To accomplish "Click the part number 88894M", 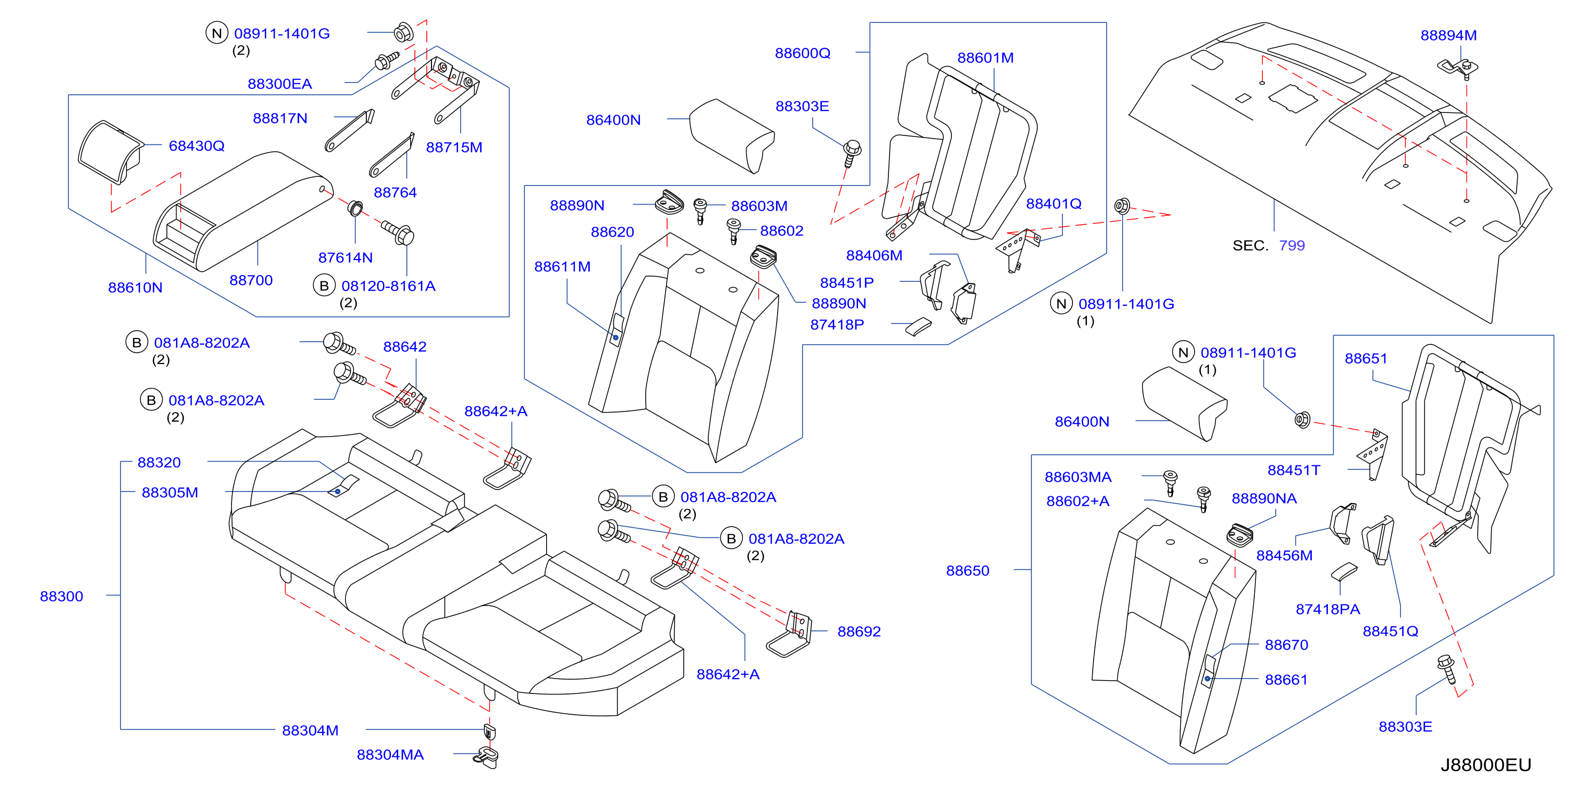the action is pyautogui.click(x=1448, y=35).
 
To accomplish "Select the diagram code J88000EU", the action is pyautogui.click(x=1486, y=765).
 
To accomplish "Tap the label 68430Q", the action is pyautogui.click(x=197, y=146).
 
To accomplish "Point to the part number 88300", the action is pyautogui.click(x=61, y=596).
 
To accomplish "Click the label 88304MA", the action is pyautogui.click(x=390, y=755).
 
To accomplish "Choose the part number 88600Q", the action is pyautogui.click(x=803, y=53).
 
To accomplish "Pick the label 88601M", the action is pyautogui.click(x=985, y=58).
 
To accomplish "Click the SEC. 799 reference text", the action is pyautogui.click(x=1269, y=246).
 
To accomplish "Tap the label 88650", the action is pyautogui.click(x=968, y=571).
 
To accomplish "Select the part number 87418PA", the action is pyautogui.click(x=1328, y=609).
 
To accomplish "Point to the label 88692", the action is pyautogui.click(x=859, y=632).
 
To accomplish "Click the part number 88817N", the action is pyautogui.click(x=279, y=118).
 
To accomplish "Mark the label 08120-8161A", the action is pyautogui.click(x=389, y=286).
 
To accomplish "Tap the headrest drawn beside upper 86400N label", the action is pyautogui.click(x=732, y=136).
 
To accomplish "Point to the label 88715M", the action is pyautogui.click(x=454, y=147).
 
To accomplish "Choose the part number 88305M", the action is pyautogui.click(x=170, y=493).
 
